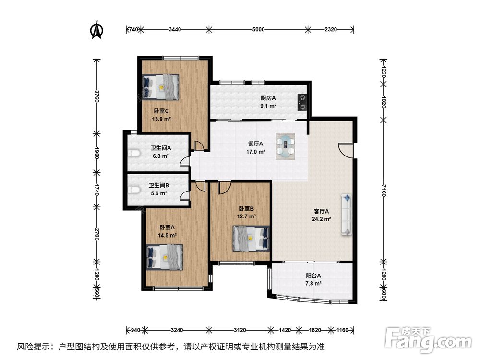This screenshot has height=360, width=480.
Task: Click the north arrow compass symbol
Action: click(x=97, y=30)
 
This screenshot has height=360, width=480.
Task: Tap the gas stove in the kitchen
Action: click(x=302, y=102)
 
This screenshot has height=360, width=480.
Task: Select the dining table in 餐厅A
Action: click(x=285, y=146)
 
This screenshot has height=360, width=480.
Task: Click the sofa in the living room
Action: click(x=347, y=214)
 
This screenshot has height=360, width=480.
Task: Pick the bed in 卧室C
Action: click(x=160, y=87)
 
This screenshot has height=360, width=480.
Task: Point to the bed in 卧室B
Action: click(x=251, y=239)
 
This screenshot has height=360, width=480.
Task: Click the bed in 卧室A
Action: click(x=165, y=257)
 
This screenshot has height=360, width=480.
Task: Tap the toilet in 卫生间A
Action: click(x=133, y=153)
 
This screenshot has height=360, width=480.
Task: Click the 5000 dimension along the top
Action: click(x=258, y=30)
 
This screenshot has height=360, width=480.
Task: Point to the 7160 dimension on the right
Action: click(x=384, y=191)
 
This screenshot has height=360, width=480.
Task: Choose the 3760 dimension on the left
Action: click(x=97, y=96)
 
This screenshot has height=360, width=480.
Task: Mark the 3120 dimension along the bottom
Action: click(x=240, y=330)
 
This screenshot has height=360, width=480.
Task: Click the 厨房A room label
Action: click(x=268, y=98)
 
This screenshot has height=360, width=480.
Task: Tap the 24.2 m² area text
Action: click(x=322, y=219)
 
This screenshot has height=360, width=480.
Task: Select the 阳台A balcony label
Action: click(x=313, y=276)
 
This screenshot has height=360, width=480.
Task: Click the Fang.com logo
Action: click(x=428, y=339)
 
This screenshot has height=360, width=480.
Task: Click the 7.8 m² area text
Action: click(x=313, y=284)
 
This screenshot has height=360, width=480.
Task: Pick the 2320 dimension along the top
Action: click(x=331, y=30)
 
